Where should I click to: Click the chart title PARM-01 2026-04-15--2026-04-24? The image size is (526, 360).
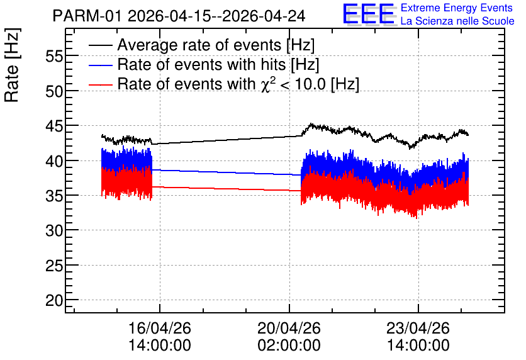coord(179,16)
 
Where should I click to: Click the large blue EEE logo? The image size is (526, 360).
coord(369,14)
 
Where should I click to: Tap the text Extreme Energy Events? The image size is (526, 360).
coord(457,8)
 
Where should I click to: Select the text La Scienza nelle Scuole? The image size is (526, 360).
coord(457,21)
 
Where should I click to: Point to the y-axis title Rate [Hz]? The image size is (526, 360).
coord(12,65)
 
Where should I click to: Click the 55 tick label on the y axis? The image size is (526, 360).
coord(54,56)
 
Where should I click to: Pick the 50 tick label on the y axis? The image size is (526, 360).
coord(54,91)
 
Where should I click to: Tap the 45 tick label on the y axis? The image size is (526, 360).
coord(54,126)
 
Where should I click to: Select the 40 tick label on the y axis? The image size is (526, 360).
coord(54,160)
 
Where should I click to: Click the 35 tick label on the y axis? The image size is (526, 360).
coord(54,196)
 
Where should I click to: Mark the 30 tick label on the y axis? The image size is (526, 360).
coord(54,230)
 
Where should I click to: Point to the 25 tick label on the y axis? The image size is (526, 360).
coord(54,266)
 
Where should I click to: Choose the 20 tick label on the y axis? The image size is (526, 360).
coord(54,300)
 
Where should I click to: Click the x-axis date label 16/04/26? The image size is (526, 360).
coord(160,328)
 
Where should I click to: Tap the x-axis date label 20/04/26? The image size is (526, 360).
coord(289,328)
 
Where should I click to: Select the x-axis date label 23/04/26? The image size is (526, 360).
coord(418,328)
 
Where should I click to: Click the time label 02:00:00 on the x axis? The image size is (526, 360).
coord(289,345)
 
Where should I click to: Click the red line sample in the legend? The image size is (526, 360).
coord(100,84)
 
